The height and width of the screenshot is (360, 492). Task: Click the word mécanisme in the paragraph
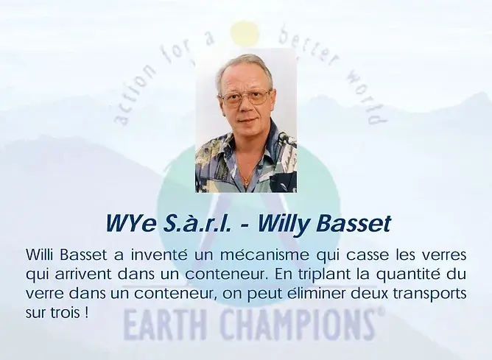(264, 254)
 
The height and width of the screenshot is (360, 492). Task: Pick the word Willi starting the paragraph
(40, 254)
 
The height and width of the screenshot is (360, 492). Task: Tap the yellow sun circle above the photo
(245, 34)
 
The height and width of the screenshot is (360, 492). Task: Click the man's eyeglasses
(246, 97)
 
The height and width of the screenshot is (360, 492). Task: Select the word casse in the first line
(367, 254)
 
